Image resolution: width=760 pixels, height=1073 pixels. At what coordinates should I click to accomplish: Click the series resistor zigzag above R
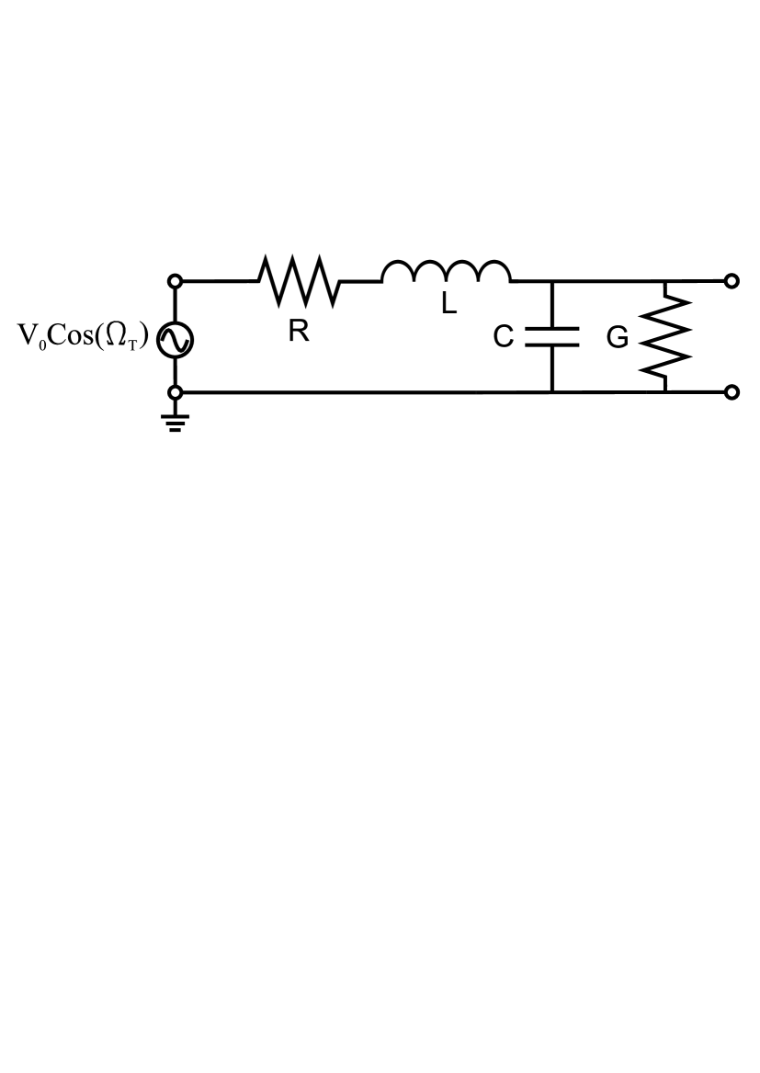click(300, 281)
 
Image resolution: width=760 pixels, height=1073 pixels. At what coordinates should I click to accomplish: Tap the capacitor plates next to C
click(552, 337)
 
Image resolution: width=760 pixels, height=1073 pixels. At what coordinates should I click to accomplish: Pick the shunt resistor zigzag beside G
click(666, 337)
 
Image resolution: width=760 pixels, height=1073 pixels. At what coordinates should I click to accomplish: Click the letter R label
click(298, 332)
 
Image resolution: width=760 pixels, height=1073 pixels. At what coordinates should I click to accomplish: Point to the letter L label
click(448, 304)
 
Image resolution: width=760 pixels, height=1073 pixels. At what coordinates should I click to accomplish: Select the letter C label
click(503, 337)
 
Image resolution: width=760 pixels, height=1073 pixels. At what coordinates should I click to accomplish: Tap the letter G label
click(618, 338)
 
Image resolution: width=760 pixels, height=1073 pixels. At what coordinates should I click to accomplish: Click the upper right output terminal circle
click(732, 281)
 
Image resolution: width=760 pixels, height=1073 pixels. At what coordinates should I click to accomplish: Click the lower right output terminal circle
click(732, 392)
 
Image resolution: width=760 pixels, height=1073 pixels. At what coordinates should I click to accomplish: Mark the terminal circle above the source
click(176, 281)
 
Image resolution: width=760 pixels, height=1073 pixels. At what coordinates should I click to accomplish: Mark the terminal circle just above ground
click(176, 392)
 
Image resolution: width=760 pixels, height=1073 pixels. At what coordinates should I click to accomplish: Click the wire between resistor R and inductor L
click(361, 281)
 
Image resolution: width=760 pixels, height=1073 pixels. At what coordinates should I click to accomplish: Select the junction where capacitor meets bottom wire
click(552, 392)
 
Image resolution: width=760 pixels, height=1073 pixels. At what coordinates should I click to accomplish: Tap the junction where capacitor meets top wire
click(552, 281)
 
